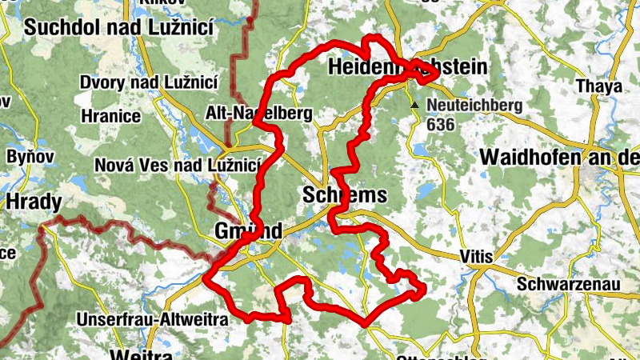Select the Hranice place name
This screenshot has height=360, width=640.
pyautogui.click(x=110, y=116)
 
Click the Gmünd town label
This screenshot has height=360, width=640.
pyautogui.click(x=248, y=231)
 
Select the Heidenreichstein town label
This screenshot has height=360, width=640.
pyautogui.click(x=407, y=70)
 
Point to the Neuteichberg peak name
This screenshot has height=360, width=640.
pyautogui.click(x=474, y=105)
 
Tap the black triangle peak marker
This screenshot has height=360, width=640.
pyautogui.click(x=414, y=105)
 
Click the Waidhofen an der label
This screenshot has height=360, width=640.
pyautogui.click(x=560, y=158)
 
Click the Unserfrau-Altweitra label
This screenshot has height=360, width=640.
pyautogui.click(x=152, y=319)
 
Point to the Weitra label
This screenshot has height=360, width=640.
pyautogui.click(x=142, y=354)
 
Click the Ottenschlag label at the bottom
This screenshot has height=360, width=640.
pyautogui.click(x=436, y=355)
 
